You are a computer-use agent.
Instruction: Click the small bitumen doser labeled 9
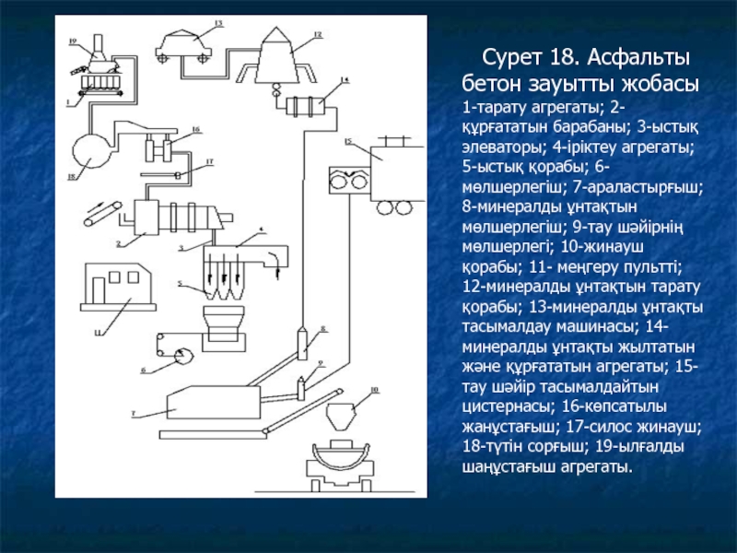pos(300,385)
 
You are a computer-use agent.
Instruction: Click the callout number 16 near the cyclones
pos(195,129)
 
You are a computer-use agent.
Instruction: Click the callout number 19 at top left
pos(73,41)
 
